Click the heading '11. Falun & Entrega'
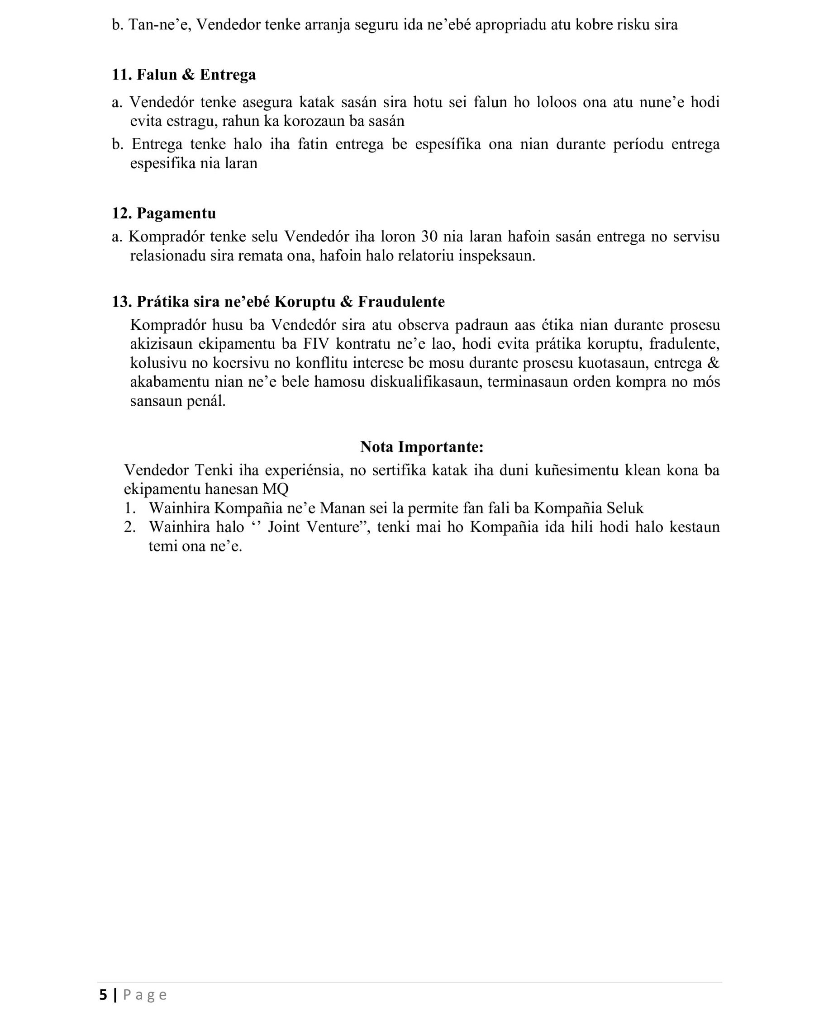(184, 75)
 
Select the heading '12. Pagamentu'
(164, 213)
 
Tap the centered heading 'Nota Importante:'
(422, 446)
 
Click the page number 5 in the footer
(103, 995)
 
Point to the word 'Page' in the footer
(145, 995)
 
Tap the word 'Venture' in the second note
(333, 526)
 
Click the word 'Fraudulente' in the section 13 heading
(401, 302)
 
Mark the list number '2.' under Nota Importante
(130, 526)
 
